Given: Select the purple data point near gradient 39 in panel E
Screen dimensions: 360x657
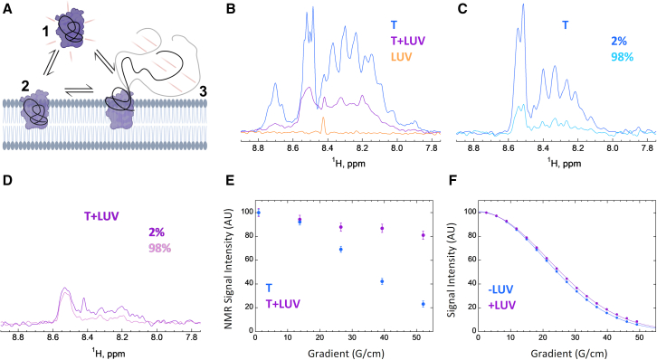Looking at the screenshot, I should coord(382,228).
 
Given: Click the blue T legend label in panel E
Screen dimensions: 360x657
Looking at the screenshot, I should coord(269,288).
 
